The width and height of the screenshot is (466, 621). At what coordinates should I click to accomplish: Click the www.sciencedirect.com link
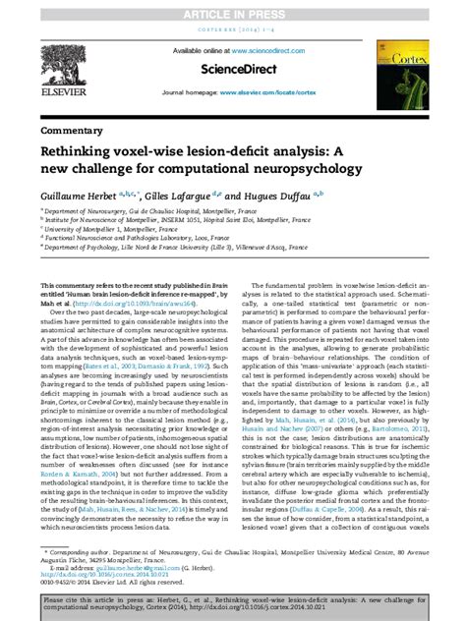tap(264, 50)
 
